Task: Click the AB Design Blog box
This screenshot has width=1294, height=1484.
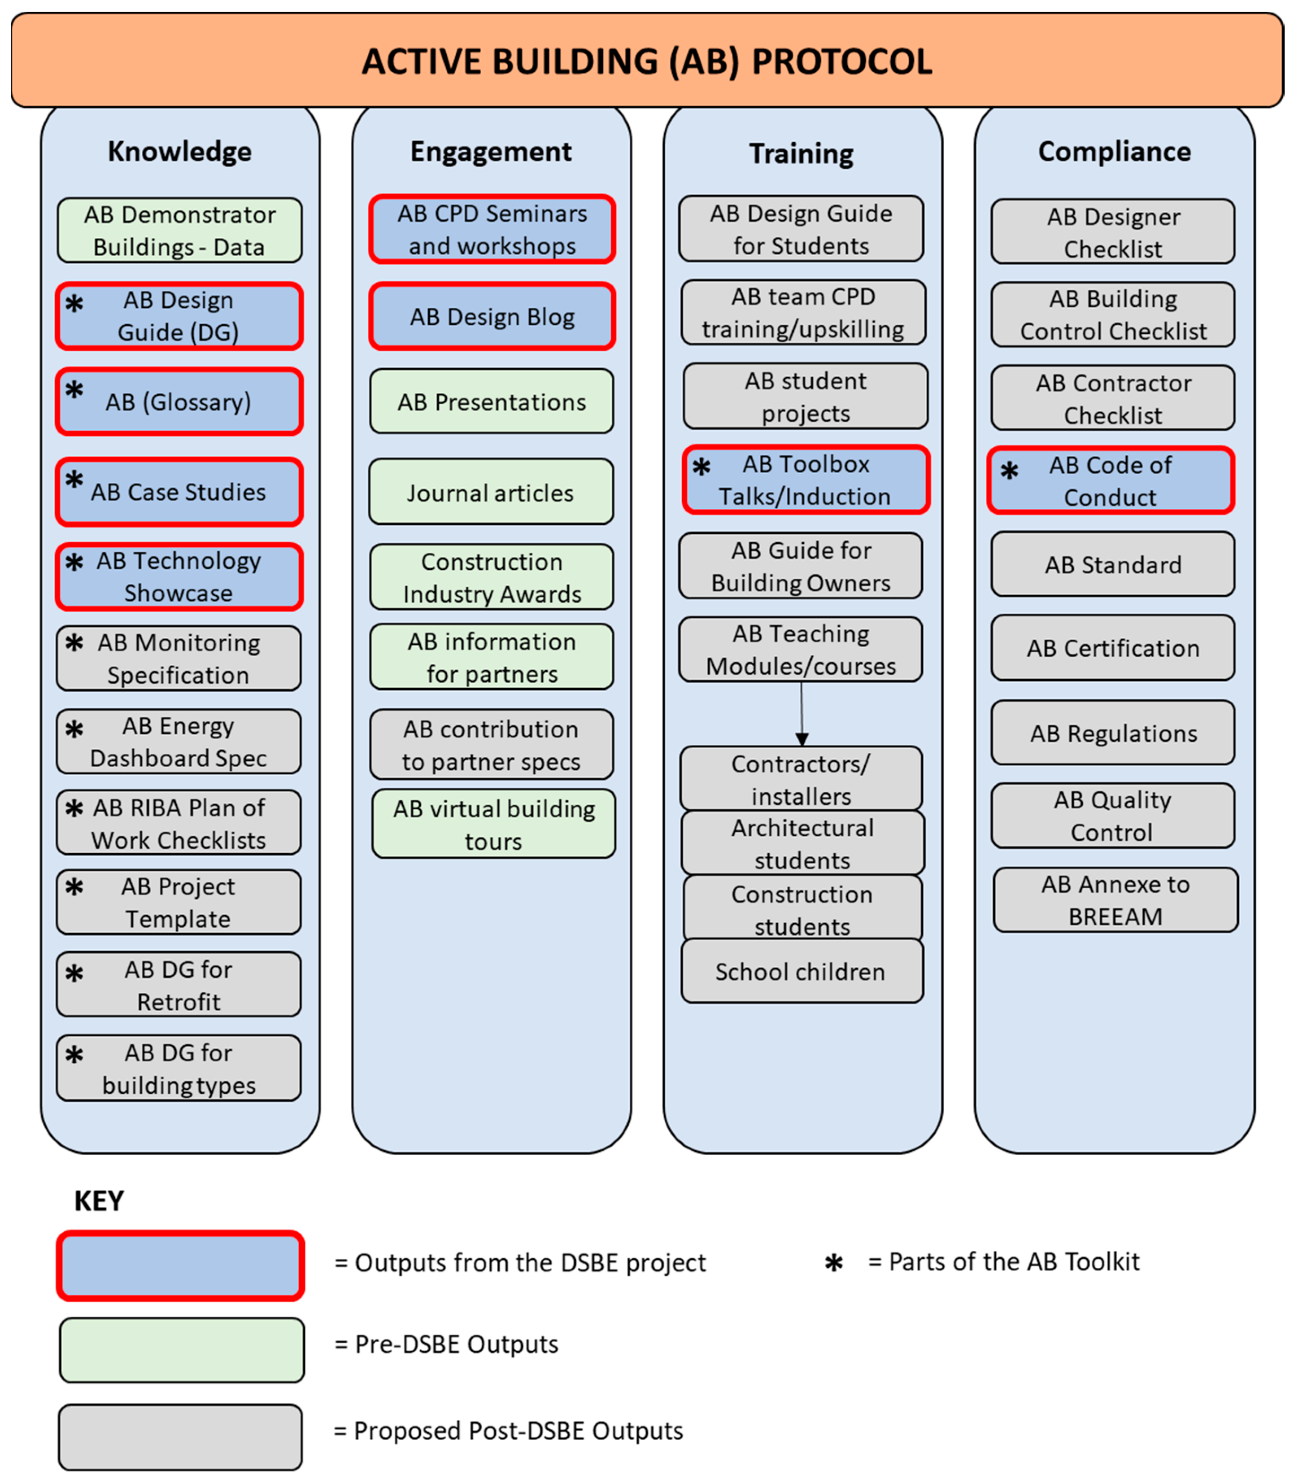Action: [x=492, y=316]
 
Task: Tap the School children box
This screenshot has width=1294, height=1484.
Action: [x=801, y=971]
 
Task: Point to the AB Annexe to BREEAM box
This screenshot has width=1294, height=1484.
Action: [x=1115, y=900]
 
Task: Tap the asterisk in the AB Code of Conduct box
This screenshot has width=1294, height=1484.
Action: [x=1010, y=471]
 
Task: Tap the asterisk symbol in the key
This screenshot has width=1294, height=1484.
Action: [x=834, y=1263]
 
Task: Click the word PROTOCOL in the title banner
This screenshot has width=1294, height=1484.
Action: [x=842, y=61]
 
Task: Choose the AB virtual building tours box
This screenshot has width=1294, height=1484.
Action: [x=494, y=824]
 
